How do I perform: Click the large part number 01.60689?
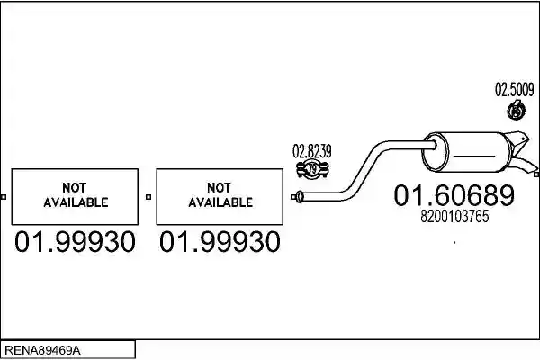(454, 195)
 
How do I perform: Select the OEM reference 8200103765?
(454, 217)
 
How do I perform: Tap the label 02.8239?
(312, 151)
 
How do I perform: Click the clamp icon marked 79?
(312, 169)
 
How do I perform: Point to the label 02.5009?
(515, 90)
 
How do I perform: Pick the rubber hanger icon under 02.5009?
(517, 110)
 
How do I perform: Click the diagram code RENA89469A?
(42, 350)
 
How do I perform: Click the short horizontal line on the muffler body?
(474, 156)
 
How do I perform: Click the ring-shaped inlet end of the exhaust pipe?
(300, 197)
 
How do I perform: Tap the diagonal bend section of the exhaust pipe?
(364, 169)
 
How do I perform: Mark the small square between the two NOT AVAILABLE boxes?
(148, 197)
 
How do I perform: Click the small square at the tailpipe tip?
(536, 175)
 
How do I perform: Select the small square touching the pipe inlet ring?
(293, 197)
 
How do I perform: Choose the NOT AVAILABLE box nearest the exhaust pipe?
(220, 197)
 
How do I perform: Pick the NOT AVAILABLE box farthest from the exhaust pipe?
(75, 197)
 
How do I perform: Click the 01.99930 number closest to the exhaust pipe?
(220, 242)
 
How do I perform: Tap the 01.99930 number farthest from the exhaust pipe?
(75, 242)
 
